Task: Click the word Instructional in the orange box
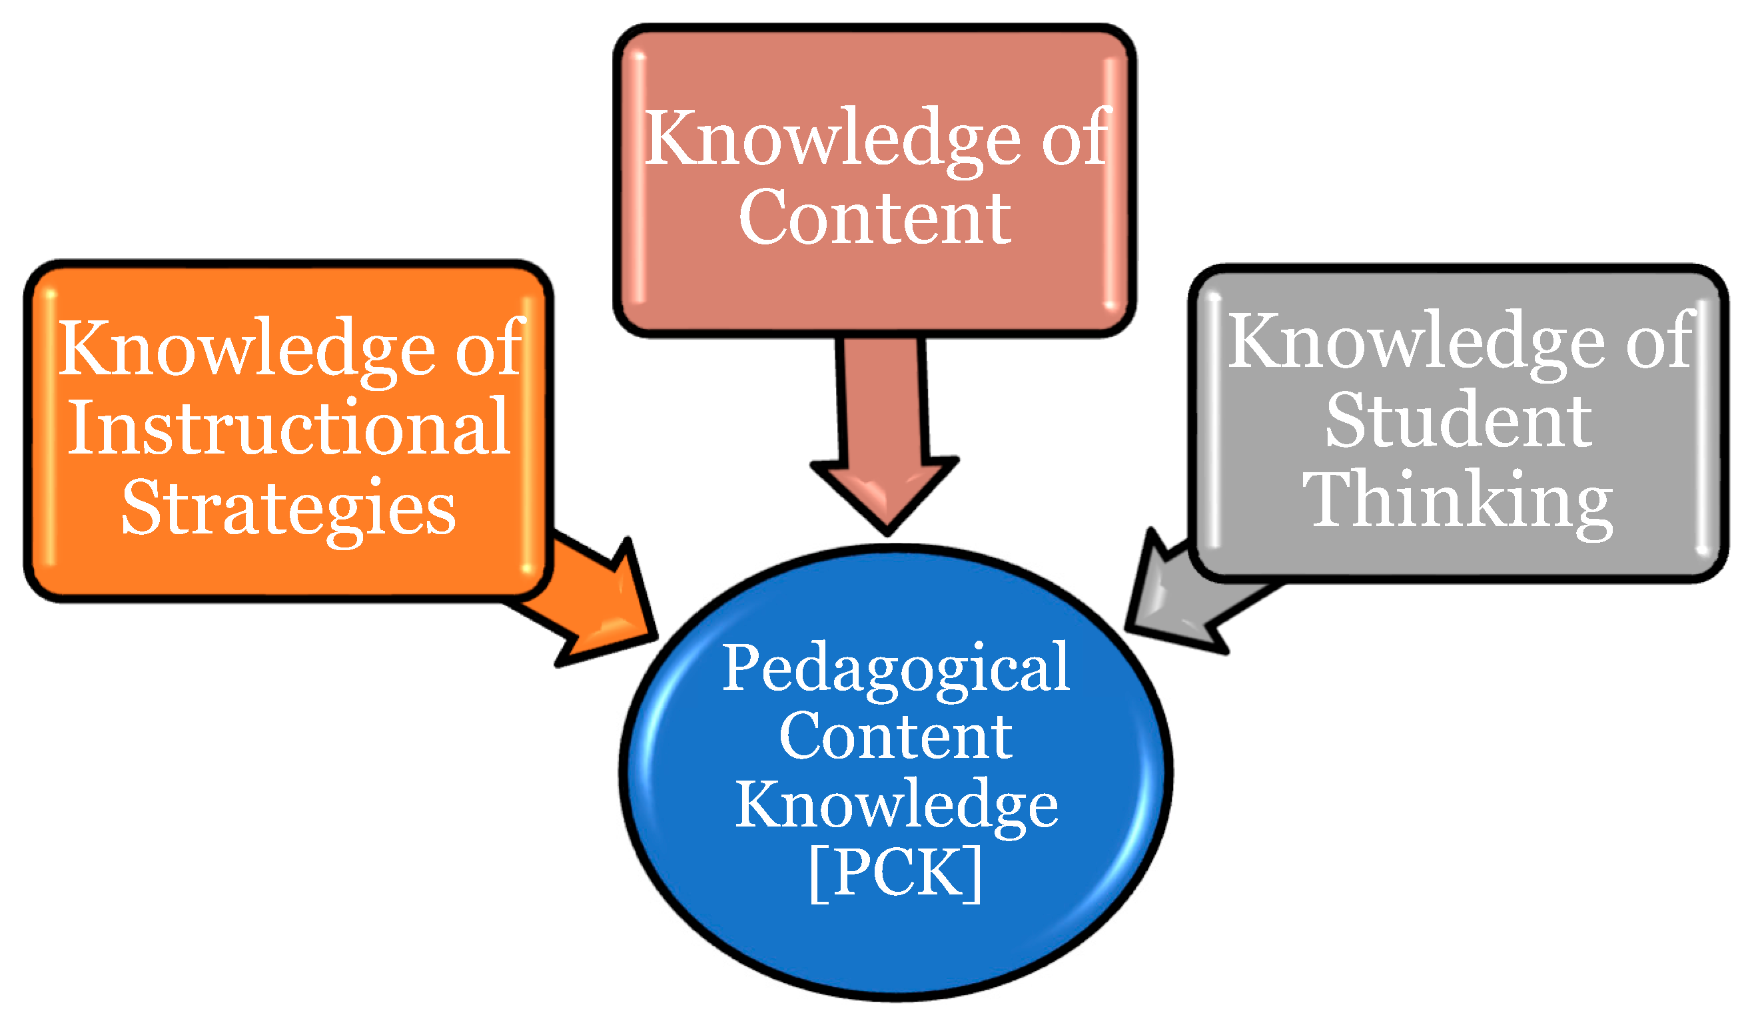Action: [288, 428]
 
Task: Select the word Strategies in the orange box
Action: [288, 509]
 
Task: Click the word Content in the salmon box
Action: [875, 218]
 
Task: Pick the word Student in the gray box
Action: [1459, 420]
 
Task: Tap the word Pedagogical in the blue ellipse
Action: [896, 667]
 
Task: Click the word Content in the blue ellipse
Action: [895, 737]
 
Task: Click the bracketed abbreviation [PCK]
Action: [895, 872]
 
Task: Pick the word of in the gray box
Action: [1661, 341]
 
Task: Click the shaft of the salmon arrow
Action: [882, 399]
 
